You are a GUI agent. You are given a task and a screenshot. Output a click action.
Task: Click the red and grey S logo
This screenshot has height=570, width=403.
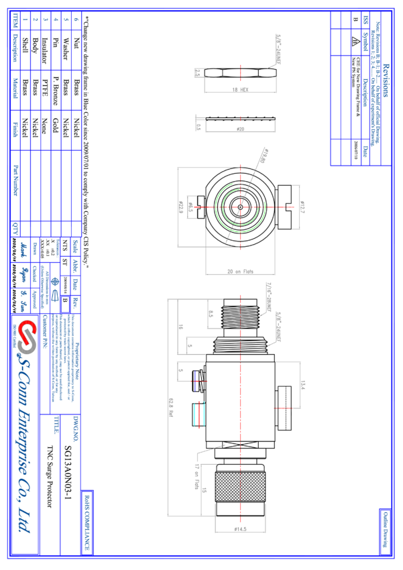coord(26,337)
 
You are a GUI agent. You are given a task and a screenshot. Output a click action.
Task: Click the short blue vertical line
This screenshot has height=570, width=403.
coord(195,380)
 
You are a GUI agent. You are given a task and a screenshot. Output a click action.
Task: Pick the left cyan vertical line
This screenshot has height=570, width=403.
coord(195,414)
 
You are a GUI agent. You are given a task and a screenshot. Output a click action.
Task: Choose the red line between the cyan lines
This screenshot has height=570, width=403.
coord(199,414)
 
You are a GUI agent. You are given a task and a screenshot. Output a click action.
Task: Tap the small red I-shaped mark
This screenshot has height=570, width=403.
coord(240,119)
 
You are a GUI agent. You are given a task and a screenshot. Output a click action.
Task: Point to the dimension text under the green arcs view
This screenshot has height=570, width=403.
coord(240,272)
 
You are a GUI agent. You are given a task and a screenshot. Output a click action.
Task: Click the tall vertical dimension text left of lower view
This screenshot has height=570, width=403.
coord(171,408)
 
